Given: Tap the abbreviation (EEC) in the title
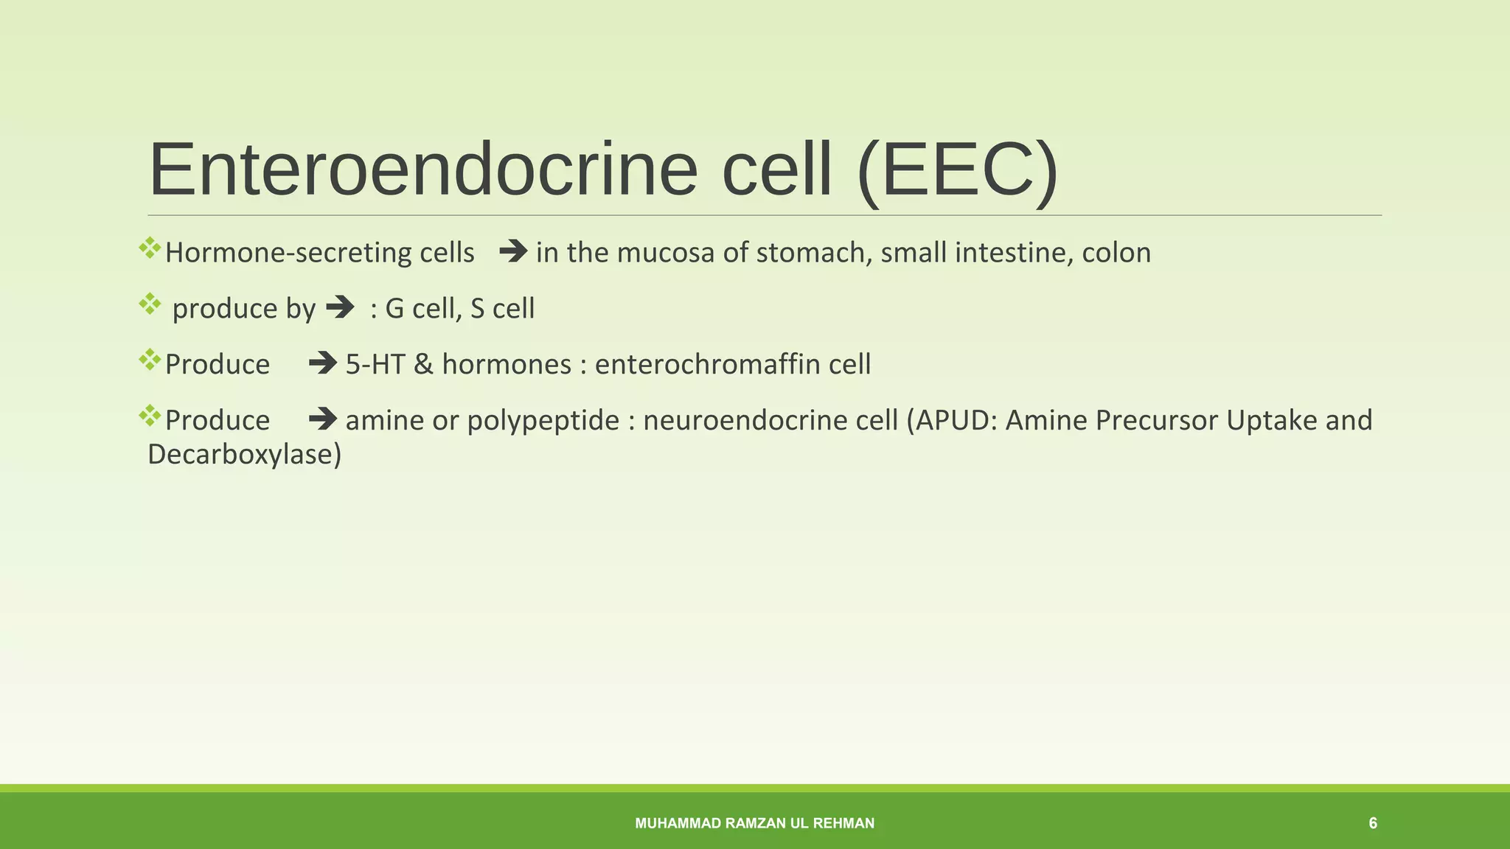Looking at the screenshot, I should click(957, 170).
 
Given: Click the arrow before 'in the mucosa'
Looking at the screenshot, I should click(513, 252).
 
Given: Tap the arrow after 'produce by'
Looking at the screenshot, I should click(340, 307).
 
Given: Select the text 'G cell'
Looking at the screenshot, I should click(423, 308).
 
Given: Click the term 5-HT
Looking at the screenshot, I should click(375, 364).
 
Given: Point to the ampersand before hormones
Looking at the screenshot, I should click(423, 364).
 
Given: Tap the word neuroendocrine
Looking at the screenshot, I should click(745, 420).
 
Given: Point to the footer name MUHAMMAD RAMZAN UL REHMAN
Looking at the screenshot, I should click(754, 823).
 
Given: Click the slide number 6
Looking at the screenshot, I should click(1372, 823).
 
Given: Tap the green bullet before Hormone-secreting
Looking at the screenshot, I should click(150, 248).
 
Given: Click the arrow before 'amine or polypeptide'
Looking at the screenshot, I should click(323, 420).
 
